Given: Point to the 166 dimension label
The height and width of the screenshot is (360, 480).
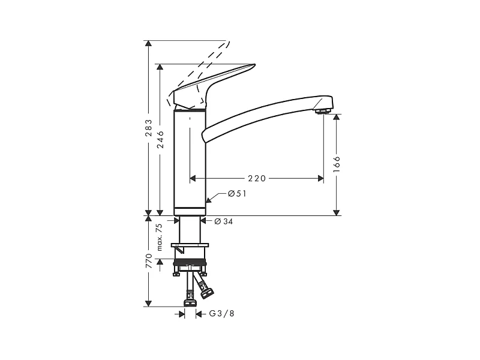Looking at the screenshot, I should pos(337,164).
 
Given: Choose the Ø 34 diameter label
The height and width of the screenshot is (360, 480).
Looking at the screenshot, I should pos(224,221).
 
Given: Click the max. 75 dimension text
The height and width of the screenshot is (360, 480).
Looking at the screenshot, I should pos(160,237).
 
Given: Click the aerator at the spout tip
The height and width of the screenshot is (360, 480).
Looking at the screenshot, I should pos(323,110).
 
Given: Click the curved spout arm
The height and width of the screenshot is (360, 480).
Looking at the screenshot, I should pos(264,114).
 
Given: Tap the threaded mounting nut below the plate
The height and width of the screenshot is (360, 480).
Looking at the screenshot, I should pos(190,262).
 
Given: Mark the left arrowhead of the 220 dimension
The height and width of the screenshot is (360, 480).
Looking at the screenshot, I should pos(193,178).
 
